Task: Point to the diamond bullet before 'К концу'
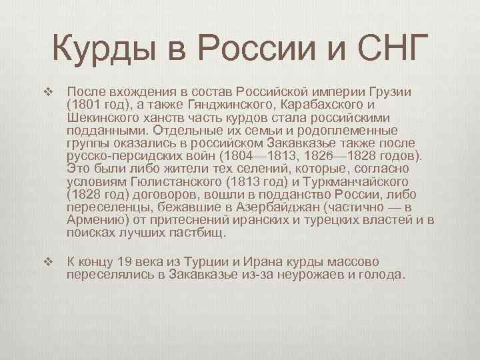(x=47, y=261)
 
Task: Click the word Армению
(x=96, y=220)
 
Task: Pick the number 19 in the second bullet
(x=123, y=261)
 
